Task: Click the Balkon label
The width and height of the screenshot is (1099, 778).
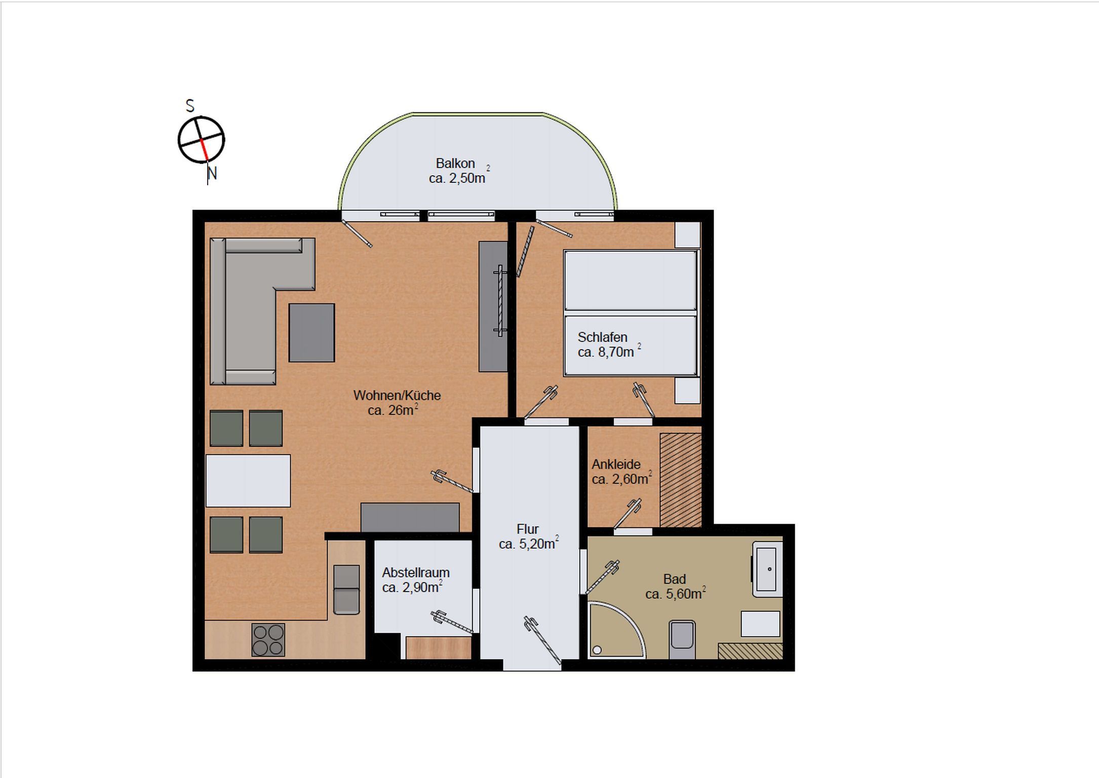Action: (x=455, y=163)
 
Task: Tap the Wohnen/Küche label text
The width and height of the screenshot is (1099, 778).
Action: (x=397, y=395)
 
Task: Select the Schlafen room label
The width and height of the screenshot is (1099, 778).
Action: (x=602, y=337)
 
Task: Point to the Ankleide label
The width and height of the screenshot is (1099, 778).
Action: (x=616, y=464)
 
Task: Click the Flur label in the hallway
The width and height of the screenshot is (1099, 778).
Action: (x=527, y=529)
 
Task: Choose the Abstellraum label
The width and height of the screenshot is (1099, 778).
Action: (x=416, y=572)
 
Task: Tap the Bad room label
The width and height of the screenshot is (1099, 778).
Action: (x=675, y=579)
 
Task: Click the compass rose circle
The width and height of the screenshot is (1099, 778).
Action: (x=201, y=140)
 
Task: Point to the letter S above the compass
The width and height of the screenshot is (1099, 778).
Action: (x=190, y=106)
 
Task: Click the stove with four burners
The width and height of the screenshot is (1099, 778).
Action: (x=268, y=640)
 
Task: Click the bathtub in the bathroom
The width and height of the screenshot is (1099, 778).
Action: (x=768, y=569)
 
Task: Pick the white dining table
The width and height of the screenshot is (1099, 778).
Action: (x=248, y=481)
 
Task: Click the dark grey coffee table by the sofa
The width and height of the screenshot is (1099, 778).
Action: (x=311, y=333)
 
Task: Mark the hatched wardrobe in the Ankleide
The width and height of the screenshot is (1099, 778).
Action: (x=681, y=480)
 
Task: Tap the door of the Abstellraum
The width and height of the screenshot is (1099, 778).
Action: (x=452, y=623)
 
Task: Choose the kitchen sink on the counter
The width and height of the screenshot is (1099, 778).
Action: (x=347, y=589)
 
